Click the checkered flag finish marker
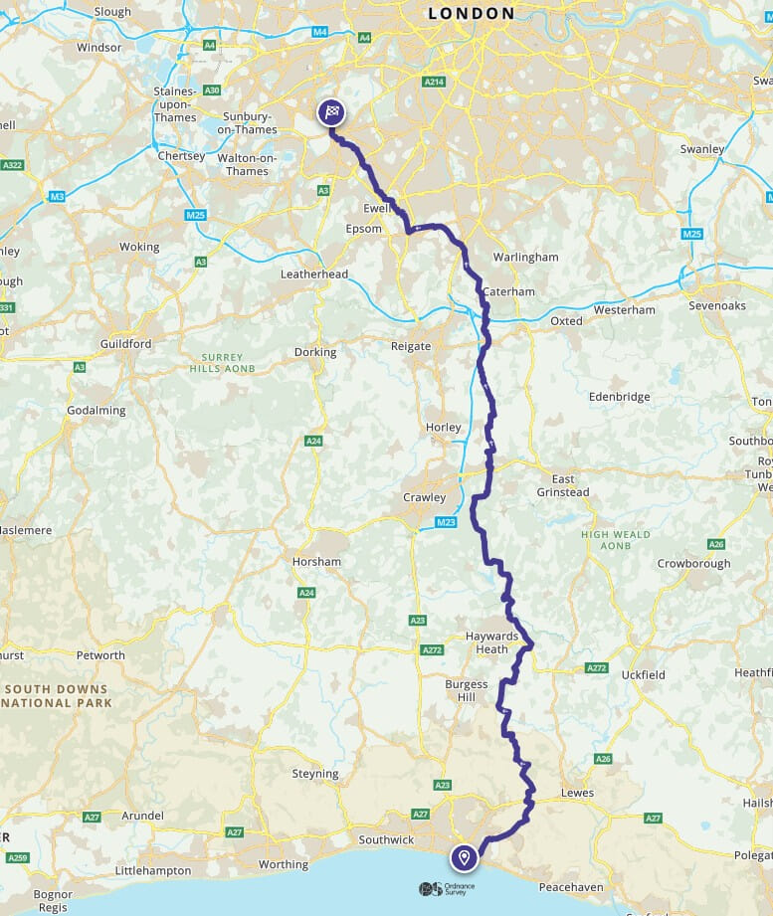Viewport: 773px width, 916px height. pyautogui.click(x=331, y=112)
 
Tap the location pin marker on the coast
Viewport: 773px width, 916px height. pyautogui.click(x=463, y=856)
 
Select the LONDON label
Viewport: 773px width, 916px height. pyautogui.click(x=472, y=14)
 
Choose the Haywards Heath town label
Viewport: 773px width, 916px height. pyautogui.click(x=493, y=642)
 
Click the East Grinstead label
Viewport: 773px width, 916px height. pyautogui.click(x=563, y=485)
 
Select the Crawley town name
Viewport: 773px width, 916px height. pyautogui.click(x=424, y=497)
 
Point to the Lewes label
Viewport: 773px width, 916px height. pyautogui.click(x=577, y=793)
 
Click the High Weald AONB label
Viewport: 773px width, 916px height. pyautogui.click(x=616, y=540)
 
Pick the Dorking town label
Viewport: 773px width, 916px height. pyautogui.click(x=315, y=352)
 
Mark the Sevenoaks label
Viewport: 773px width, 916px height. pyautogui.click(x=716, y=305)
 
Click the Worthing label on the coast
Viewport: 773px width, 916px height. pyautogui.click(x=283, y=864)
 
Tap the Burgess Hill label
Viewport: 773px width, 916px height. pyautogui.click(x=467, y=690)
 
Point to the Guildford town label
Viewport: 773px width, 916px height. pyautogui.click(x=125, y=344)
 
